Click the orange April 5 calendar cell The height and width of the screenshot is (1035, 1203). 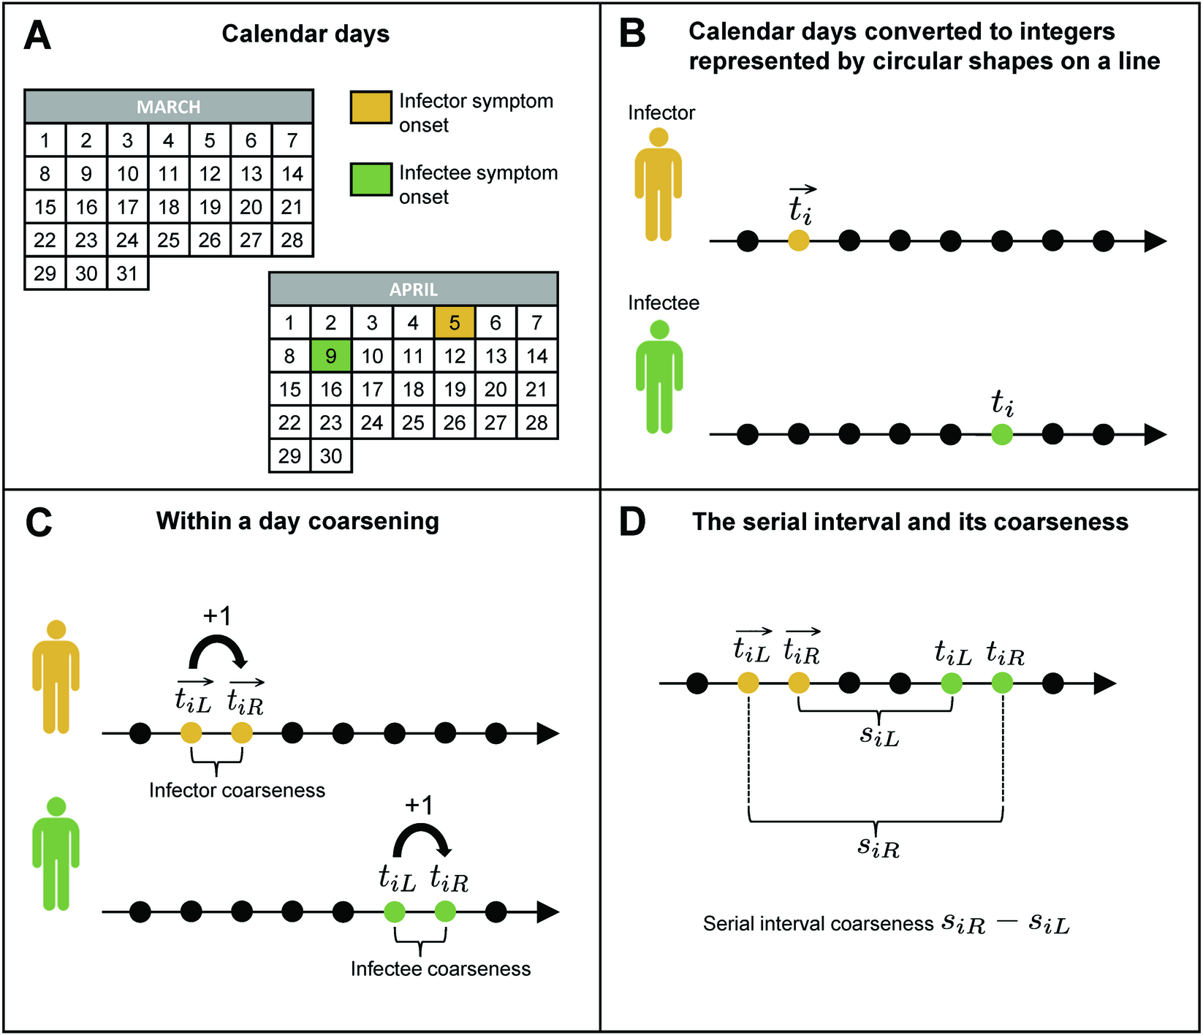click(x=455, y=322)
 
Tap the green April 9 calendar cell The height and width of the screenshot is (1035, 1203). click(x=331, y=356)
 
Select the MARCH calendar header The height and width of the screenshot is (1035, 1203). click(x=169, y=107)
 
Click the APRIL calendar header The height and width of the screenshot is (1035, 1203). click(x=414, y=289)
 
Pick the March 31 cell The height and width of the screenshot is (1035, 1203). click(x=127, y=273)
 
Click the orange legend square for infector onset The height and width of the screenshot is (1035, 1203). click(x=371, y=107)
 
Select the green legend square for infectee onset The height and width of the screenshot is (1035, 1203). click(x=371, y=180)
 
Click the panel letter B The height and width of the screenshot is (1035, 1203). click(x=632, y=34)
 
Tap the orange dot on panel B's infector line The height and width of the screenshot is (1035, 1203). click(x=799, y=240)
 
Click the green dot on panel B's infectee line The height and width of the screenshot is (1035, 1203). click(x=1002, y=435)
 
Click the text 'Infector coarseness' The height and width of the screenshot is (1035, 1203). click(x=237, y=790)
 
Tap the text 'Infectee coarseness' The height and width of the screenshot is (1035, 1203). click(x=441, y=968)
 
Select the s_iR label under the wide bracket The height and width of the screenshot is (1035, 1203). click(x=878, y=847)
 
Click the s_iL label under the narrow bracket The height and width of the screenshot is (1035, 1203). click(x=878, y=735)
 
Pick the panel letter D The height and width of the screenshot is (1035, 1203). click(x=633, y=522)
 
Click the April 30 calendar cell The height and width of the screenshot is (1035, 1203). click(x=331, y=456)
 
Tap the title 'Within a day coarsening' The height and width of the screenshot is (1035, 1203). click(x=297, y=521)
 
